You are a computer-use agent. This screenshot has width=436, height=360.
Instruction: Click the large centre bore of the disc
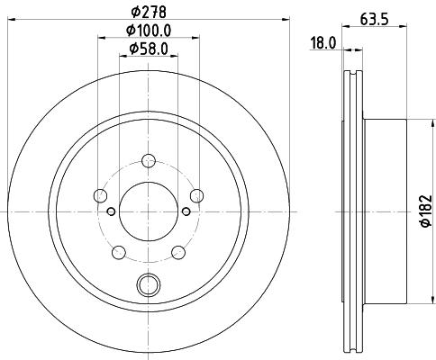(147, 211)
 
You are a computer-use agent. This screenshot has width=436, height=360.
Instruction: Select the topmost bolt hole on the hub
(147, 162)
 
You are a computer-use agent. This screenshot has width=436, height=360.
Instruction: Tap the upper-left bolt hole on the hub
(101, 195)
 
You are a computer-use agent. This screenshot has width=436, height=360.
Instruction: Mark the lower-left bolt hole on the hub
(118, 250)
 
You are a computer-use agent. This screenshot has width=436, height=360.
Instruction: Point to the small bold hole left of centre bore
(111, 211)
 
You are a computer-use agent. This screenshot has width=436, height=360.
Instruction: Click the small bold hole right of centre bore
(185, 211)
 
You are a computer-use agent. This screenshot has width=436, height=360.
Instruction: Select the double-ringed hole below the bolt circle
(147, 285)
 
